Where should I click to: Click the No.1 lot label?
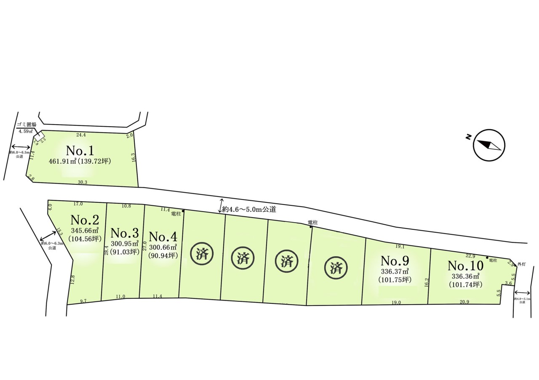pos(83,151)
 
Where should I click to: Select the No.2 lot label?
pos(85,220)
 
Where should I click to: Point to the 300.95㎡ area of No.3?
pos(124,244)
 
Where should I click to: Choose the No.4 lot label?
pos(163,236)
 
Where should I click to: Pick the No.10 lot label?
pos(465,266)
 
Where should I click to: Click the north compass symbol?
pos(488,145)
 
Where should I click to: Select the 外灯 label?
pos(522,264)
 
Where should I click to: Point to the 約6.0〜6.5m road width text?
pos(19,152)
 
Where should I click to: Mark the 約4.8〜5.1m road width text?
pos(522,299)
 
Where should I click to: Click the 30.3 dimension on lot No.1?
pos(83,182)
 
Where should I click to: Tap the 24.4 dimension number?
pos(81,135)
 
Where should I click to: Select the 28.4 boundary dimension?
pos(107,250)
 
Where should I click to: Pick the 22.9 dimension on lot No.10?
pos(470,255)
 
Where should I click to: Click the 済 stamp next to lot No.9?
pos(336,268)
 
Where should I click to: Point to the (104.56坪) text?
pos(85,238)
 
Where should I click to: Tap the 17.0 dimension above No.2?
pos(78,204)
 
